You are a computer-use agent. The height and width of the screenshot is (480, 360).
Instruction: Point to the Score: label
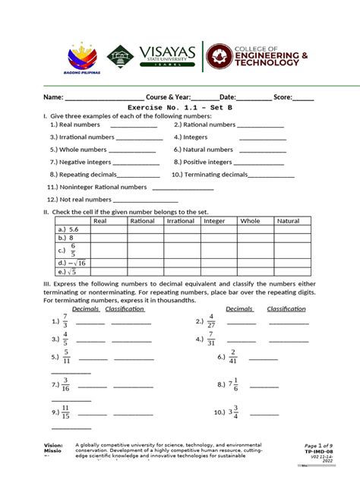point(283,98)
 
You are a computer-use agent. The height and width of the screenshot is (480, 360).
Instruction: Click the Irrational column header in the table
point(181,221)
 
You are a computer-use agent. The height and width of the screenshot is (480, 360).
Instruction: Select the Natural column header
point(288,221)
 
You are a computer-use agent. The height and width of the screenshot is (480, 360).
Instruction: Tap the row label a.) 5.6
point(68,229)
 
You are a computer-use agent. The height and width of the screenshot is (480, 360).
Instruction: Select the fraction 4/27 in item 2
point(210,321)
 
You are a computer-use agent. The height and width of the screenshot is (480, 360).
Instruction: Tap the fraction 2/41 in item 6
point(233,356)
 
